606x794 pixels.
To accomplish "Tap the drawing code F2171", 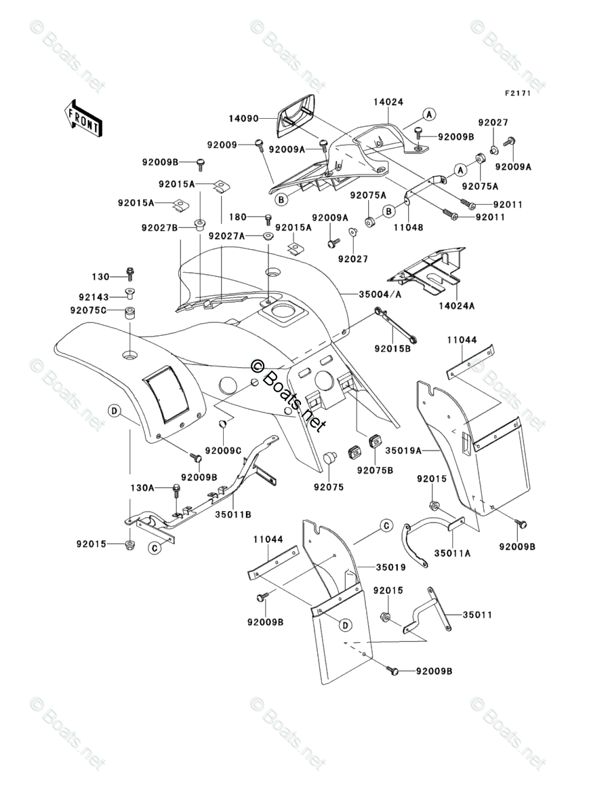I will pos(517,93).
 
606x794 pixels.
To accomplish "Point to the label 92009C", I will pos(224,450).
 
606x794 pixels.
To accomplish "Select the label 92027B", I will pos(160,227).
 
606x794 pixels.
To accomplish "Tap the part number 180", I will pos(237,217).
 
